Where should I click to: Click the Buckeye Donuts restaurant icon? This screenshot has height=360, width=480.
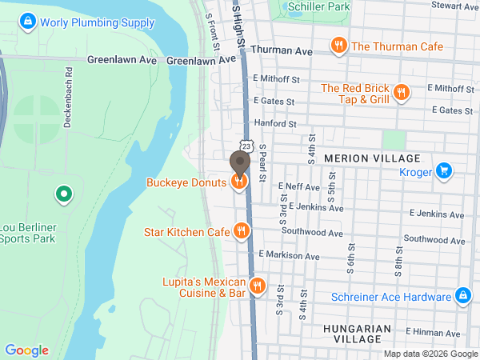238,182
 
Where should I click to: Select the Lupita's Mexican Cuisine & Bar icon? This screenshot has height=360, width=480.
257,286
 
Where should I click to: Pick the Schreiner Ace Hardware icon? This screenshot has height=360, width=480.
462,297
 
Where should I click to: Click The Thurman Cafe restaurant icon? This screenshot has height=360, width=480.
339,46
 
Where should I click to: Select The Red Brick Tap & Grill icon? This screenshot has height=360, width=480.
402,93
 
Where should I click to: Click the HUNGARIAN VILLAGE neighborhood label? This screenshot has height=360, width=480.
358,334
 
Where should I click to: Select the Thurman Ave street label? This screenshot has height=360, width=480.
281,50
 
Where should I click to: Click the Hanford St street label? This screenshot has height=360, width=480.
274,124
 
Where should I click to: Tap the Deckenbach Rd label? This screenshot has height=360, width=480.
70,81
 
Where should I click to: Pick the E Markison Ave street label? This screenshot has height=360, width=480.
289,256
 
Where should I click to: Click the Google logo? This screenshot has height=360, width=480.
26,350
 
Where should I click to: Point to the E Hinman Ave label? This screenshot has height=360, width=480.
434,332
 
